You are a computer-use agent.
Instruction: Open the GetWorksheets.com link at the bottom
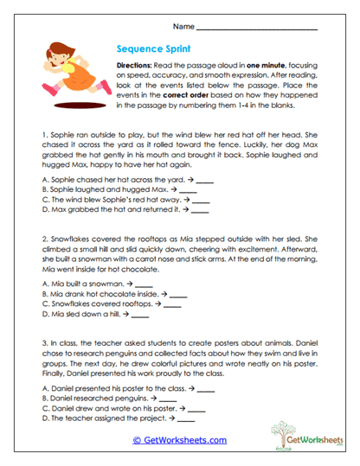click(179, 440)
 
